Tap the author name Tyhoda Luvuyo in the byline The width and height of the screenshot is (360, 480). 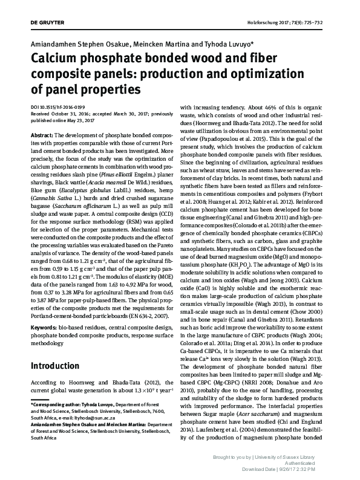pyautogui.click(x=226, y=44)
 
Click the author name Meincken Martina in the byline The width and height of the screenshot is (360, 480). pyautogui.click(x=159, y=44)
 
